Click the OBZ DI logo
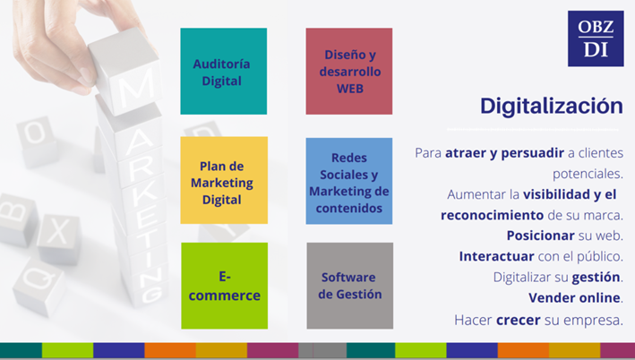click(596, 39)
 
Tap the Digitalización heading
click(551, 106)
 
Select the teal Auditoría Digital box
click(224, 72)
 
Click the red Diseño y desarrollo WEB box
click(349, 72)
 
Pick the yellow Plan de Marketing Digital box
click(224, 180)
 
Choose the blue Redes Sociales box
click(349, 181)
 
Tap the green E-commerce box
click(225, 286)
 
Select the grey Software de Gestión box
click(350, 286)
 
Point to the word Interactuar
click(496, 256)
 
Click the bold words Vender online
click(574, 297)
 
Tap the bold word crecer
click(519, 320)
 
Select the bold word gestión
click(596, 278)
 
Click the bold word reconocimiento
click(492, 215)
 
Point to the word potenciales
click(588, 174)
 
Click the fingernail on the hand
click(86, 76)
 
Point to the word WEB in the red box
click(350, 89)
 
